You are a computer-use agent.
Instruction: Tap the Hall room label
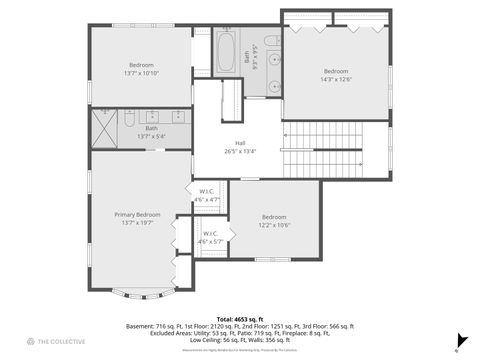[x=240, y=143]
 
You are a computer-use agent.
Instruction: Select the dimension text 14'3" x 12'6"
[x=336, y=80]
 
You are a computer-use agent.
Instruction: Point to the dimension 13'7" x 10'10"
[x=141, y=73]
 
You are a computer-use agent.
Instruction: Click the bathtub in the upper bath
[x=226, y=46]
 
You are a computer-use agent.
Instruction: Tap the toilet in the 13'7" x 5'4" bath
[x=129, y=119]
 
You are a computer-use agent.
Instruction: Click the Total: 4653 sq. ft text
[x=239, y=319]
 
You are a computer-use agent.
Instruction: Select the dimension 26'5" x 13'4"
[x=240, y=152]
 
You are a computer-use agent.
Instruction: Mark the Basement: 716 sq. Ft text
[x=153, y=326]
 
